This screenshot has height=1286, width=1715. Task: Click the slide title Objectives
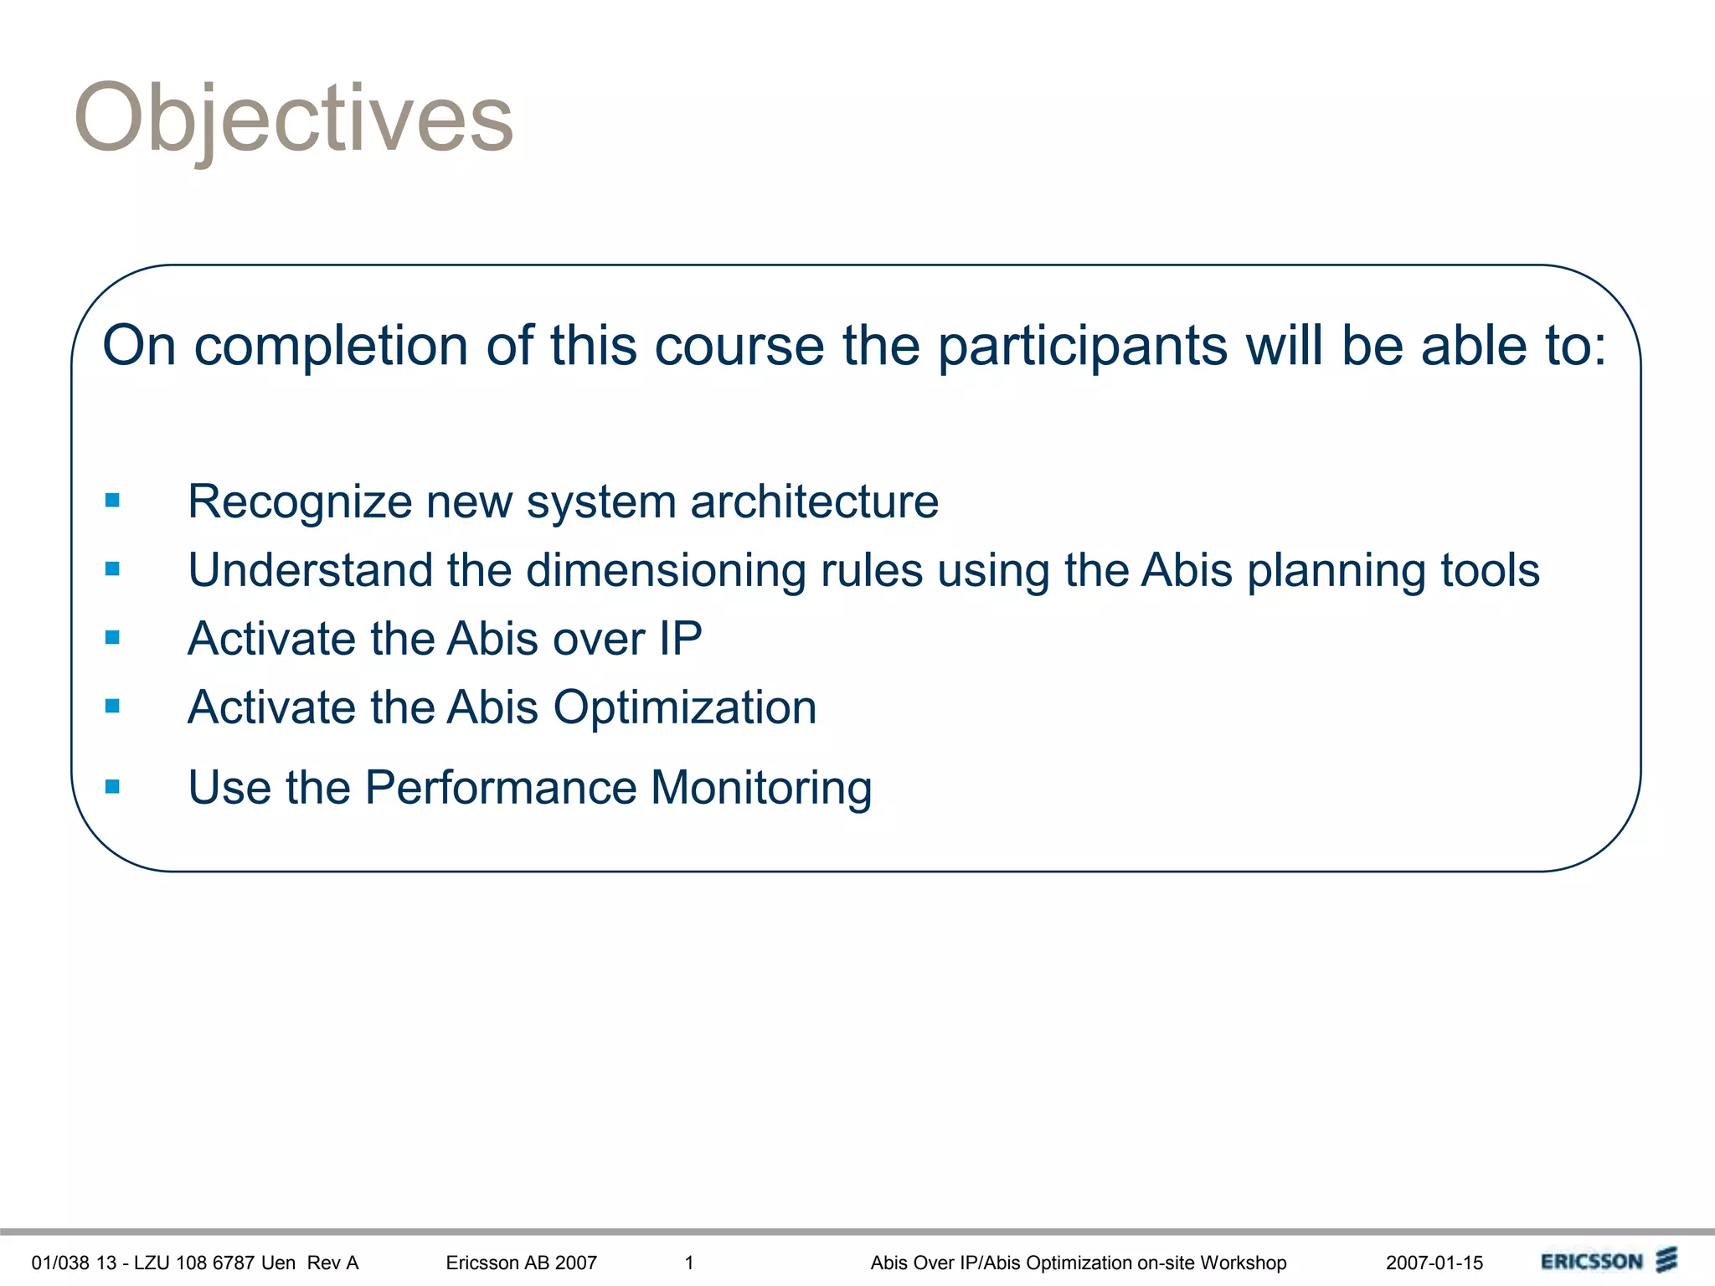293,119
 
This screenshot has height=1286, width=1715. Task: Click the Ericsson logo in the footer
1608,1261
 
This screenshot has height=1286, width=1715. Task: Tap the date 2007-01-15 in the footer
1434,1263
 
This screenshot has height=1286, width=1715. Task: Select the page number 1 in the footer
689,1263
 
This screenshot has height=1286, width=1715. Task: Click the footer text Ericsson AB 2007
521,1263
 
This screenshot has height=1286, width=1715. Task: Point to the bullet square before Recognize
113,501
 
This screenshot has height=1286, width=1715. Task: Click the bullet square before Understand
113,569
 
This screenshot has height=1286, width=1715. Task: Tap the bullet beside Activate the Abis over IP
113,638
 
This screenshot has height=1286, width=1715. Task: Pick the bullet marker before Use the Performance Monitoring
113,786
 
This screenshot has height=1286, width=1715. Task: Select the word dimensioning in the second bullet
666,570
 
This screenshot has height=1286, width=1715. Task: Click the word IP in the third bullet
680,639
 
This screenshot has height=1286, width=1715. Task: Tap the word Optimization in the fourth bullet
684,707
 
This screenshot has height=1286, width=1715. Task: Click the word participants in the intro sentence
1082,347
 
